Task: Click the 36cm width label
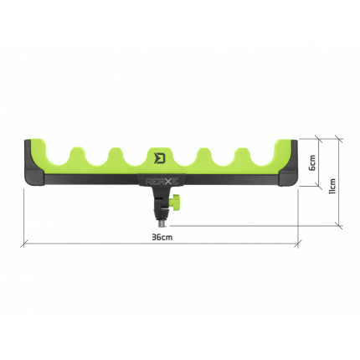(x=162, y=237)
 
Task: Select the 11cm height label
(x=332, y=182)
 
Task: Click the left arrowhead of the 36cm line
(x=26, y=244)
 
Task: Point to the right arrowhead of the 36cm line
(x=298, y=244)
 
